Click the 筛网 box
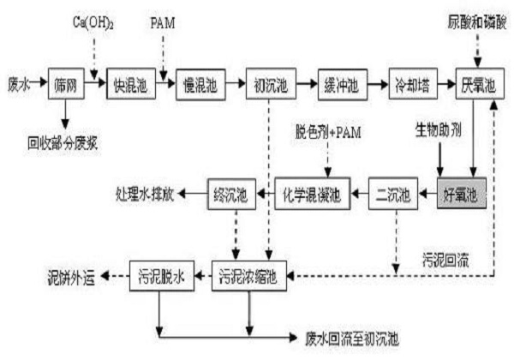(x=63, y=87)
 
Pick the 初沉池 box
(x=268, y=87)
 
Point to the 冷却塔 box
(x=409, y=87)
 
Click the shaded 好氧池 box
(x=461, y=196)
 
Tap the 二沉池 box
(x=393, y=196)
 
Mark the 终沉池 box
(x=230, y=196)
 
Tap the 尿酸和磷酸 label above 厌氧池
(x=477, y=19)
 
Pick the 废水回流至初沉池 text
(x=352, y=338)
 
